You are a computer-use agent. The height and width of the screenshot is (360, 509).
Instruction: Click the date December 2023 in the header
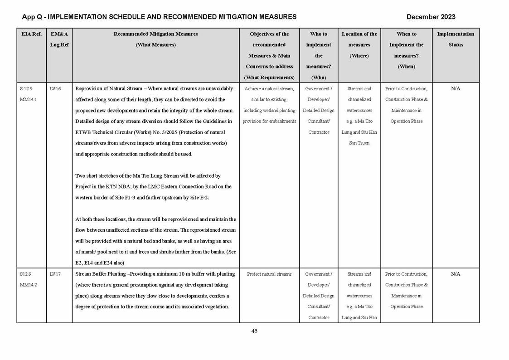click(431, 17)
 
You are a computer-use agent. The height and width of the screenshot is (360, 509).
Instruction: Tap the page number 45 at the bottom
click(254, 331)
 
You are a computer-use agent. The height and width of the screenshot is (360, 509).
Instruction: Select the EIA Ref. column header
click(31, 34)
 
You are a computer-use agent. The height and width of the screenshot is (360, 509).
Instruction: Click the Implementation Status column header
click(456, 39)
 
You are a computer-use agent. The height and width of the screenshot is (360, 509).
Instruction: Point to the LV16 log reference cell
click(55, 89)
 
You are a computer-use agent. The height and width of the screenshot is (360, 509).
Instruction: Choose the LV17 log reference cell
click(55, 274)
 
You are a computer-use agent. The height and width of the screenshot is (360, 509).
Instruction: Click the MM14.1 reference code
click(28, 100)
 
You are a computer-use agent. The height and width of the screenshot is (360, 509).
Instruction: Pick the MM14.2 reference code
click(28, 285)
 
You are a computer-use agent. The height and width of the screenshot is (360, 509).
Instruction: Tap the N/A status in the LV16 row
click(456, 89)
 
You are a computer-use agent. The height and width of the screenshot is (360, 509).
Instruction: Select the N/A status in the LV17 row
click(456, 274)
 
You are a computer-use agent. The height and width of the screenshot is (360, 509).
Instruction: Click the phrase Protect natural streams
click(269, 274)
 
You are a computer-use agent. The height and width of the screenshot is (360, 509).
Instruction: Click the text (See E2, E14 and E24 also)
click(100, 263)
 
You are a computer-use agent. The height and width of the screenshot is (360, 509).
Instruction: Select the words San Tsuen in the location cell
click(359, 143)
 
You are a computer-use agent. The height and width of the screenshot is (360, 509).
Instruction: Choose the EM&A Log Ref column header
click(59, 39)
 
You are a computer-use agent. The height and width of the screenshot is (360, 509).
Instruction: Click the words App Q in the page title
click(31, 17)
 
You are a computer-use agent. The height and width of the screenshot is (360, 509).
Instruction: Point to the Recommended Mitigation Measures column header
click(155, 34)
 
